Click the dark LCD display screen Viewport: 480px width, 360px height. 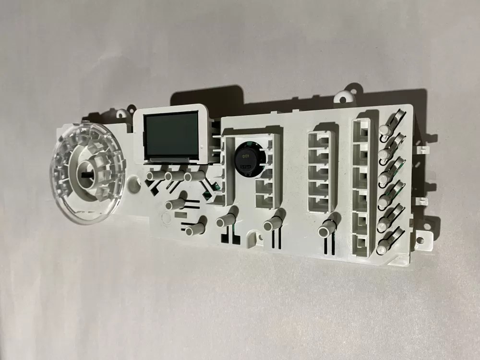click(171, 135)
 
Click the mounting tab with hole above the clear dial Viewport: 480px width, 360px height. click(120, 114)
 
